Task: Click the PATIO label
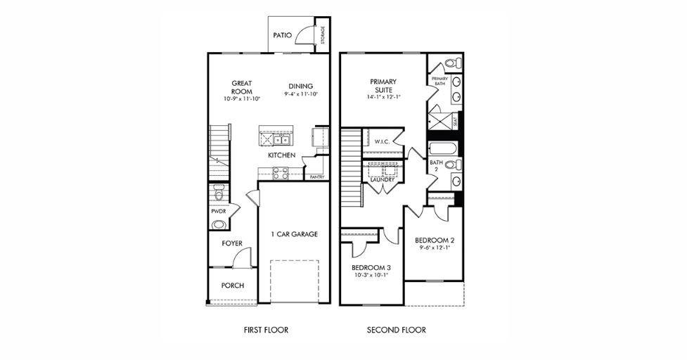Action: tap(283, 34)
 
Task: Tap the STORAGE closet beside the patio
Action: tap(322, 34)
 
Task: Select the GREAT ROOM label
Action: tap(242, 87)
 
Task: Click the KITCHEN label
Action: tap(281, 155)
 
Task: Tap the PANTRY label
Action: tap(317, 177)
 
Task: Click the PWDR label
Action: tap(218, 211)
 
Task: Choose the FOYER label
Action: tap(232, 243)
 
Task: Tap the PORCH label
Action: tap(232, 285)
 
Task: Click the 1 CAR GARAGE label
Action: tap(295, 234)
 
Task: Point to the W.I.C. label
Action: tap(382, 141)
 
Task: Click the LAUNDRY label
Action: tap(382, 180)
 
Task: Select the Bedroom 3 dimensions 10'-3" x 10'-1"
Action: tap(371, 276)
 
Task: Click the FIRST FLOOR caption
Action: tap(266, 330)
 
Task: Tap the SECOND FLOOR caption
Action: tap(396, 330)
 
